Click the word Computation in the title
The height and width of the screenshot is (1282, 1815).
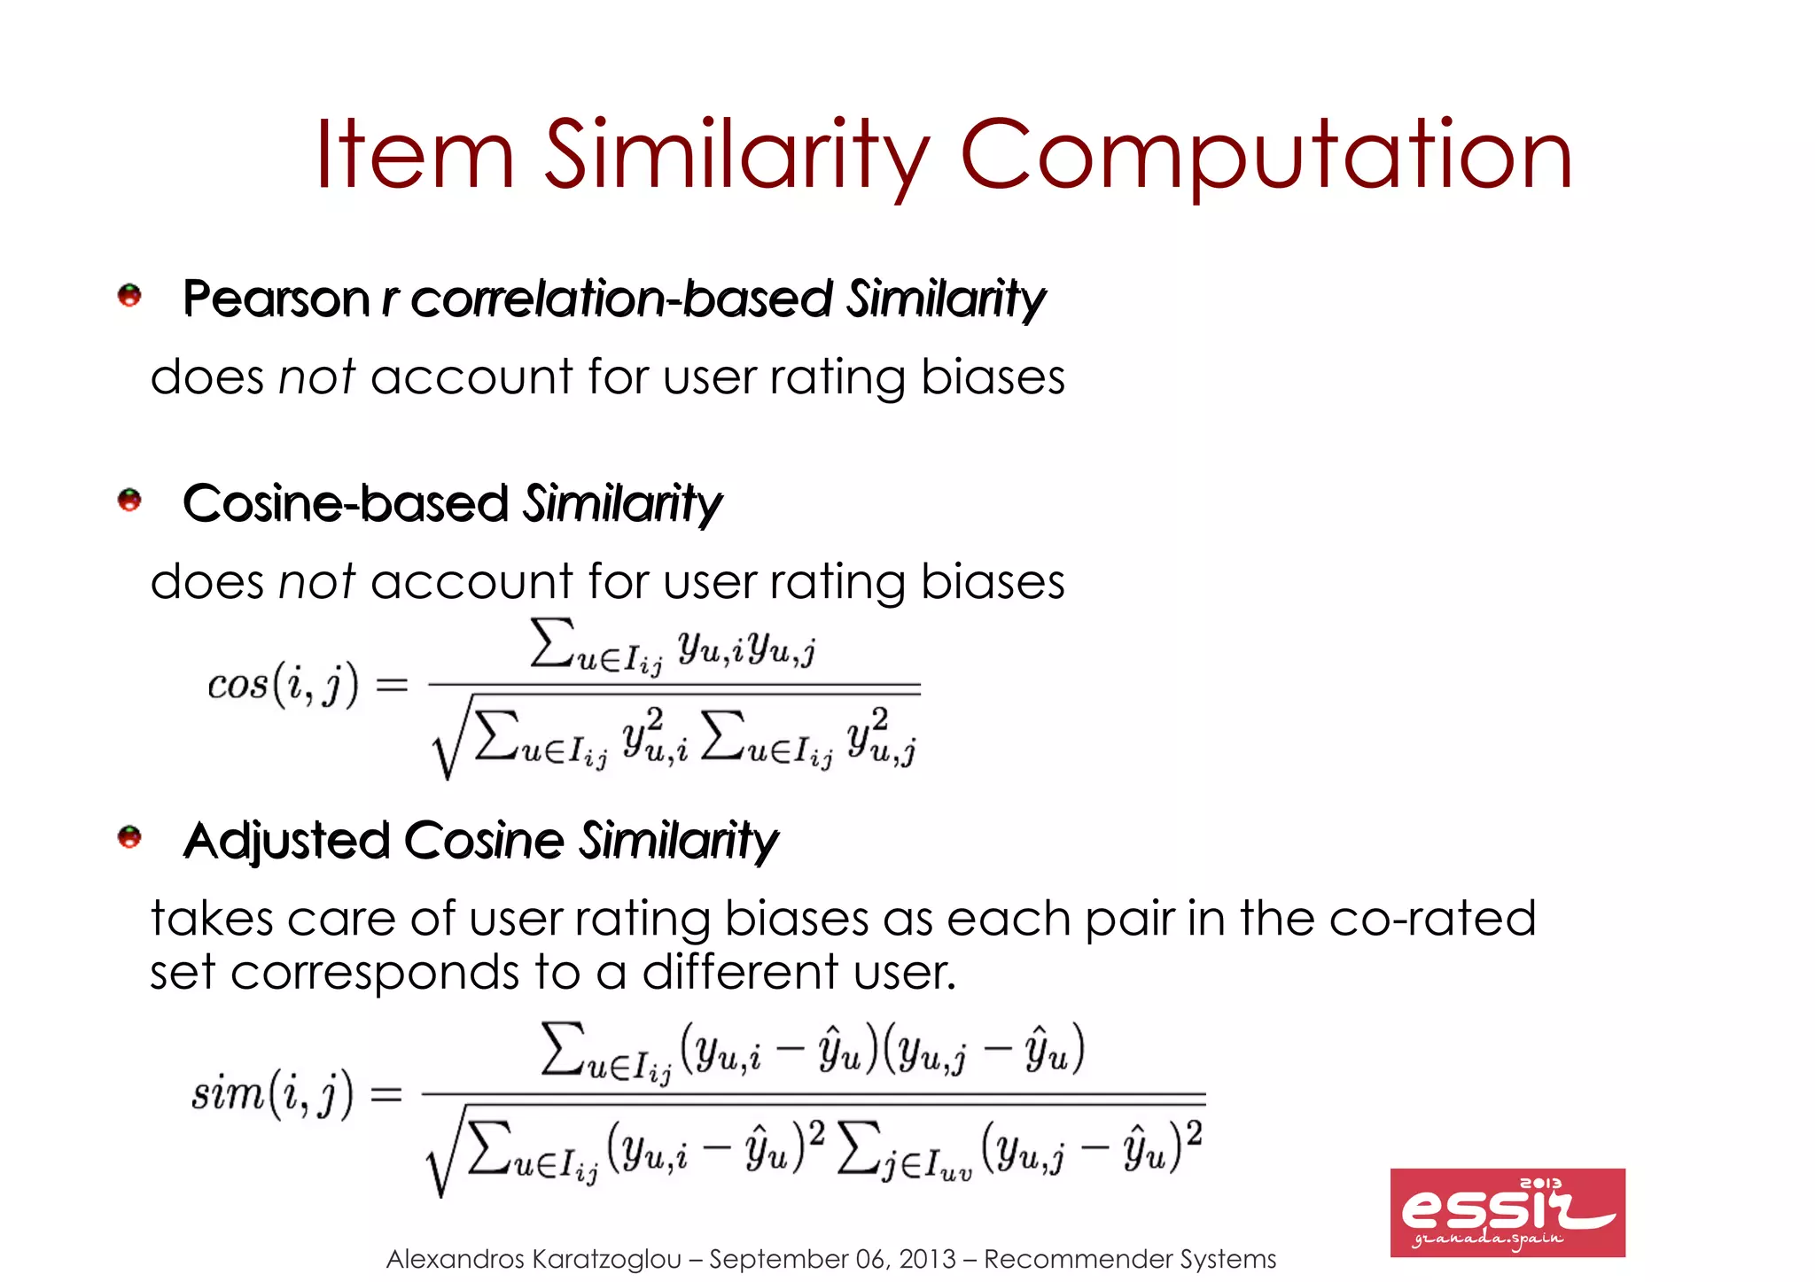[x=1266, y=156]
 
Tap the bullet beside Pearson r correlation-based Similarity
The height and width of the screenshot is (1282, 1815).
[x=129, y=295]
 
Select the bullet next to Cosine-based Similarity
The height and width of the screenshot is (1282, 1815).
[x=129, y=500]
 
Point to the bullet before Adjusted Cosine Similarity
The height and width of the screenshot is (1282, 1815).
[x=129, y=836]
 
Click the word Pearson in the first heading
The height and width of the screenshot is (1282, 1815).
[x=276, y=299]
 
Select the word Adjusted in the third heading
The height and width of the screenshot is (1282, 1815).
[x=286, y=841]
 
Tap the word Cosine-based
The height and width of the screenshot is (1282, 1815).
[x=346, y=504]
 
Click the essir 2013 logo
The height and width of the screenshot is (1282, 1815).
[x=1507, y=1212]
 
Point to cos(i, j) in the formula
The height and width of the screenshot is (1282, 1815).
[x=283, y=684]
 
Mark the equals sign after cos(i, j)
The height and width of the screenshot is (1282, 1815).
[x=392, y=684]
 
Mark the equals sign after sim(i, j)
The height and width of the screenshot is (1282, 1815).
[x=386, y=1094]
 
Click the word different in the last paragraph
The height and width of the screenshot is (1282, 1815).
[x=741, y=972]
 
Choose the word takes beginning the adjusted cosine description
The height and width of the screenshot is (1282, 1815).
[x=212, y=918]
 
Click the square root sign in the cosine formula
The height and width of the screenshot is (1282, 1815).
[x=448, y=744]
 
